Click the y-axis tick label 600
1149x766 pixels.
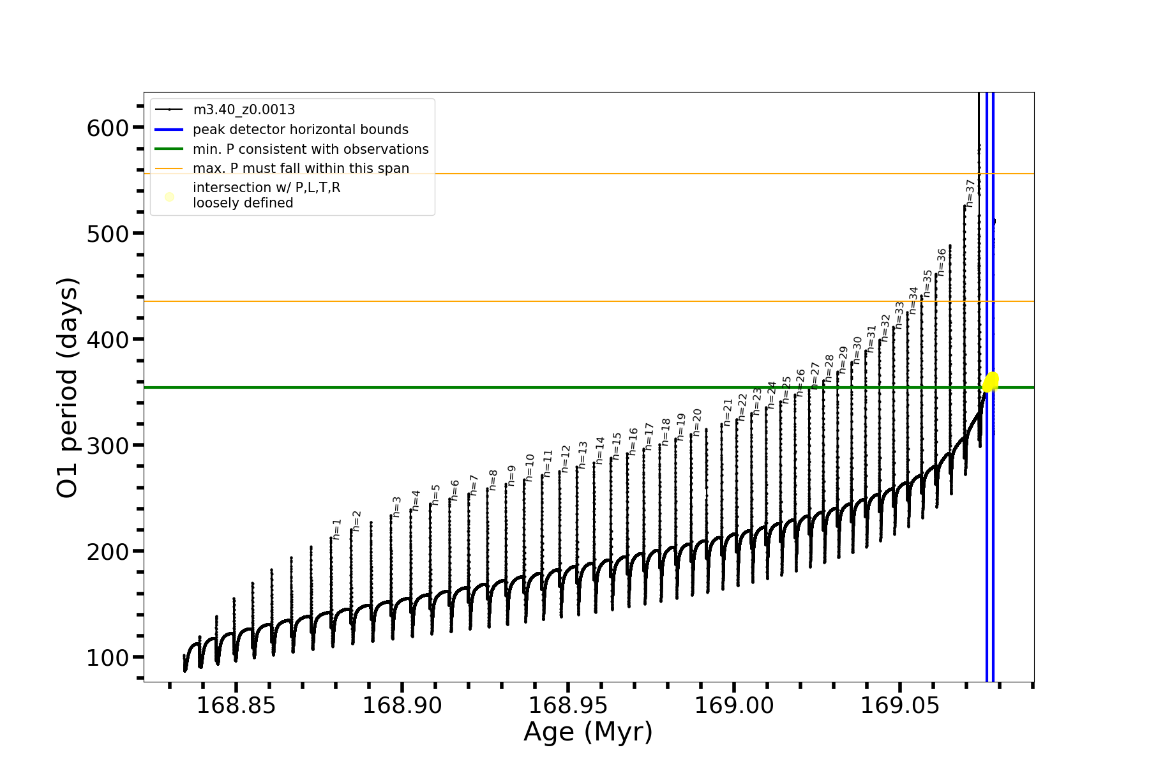[107, 128]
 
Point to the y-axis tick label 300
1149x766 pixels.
[107, 446]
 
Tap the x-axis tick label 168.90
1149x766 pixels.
[402, 706]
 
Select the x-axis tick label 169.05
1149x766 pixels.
[900, 706]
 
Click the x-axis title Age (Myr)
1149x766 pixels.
[588, 732]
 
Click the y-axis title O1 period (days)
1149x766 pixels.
[68, 387]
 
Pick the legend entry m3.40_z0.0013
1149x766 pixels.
[244, 110]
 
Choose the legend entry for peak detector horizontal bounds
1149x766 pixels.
[300, 130]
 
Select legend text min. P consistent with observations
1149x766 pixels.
[310, 149]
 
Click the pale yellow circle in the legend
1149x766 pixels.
[169, 197]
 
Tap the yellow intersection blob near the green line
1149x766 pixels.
[991, 382]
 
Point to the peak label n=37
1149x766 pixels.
[970, 193]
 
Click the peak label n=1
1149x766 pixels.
[337, 529]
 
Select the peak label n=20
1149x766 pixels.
[697, 423]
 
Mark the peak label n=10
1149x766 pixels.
[530, 468]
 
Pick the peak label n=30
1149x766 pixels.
[857, 350]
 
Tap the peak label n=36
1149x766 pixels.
[941, 262]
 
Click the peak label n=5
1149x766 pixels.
[436, 495]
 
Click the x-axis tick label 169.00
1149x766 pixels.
[734, 706]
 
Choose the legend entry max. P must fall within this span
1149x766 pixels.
[301, 169]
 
